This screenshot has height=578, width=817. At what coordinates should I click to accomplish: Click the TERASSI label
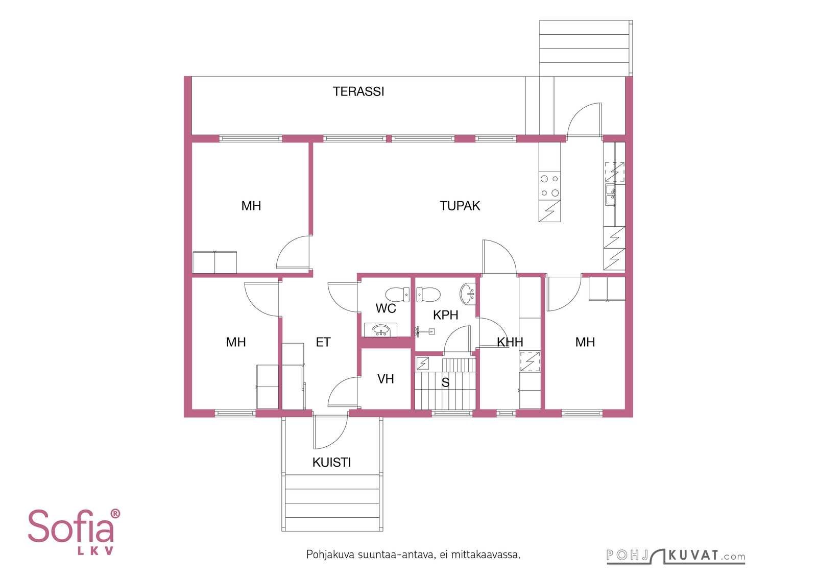tap(358, 91)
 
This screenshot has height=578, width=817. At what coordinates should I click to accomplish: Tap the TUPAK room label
tap(460, 206)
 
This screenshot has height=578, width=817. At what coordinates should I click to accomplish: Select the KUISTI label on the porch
tap(331, 463)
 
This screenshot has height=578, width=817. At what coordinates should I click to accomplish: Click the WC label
tap(386, 308)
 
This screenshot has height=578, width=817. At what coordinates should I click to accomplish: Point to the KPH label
tap(445, 315)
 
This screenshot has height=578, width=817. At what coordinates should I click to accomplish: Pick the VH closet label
tap(386, 379)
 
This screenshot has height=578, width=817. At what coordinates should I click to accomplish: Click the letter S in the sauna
tap(445, 382)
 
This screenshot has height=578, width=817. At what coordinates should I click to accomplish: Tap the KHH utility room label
tap(510, 342)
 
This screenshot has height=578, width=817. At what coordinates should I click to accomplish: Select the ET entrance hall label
tap(323, 343)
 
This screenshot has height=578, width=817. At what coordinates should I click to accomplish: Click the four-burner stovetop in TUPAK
tap(549, 186)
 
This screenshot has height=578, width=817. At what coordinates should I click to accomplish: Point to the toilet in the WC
tap(398, 295)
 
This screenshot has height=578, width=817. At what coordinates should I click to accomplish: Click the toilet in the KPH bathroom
tap(428, 295)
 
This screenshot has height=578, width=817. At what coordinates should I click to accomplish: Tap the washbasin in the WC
tap(381, 330)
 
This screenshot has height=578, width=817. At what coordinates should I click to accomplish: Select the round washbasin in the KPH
tap(468, 294)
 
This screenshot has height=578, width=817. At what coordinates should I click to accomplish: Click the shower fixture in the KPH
tap(425, 331)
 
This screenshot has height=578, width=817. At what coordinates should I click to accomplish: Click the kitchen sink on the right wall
tap(611, 196)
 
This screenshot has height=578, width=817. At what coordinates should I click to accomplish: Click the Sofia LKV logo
tap(74, 532)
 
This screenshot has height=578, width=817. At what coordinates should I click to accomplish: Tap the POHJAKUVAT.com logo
tap(676, 556)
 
